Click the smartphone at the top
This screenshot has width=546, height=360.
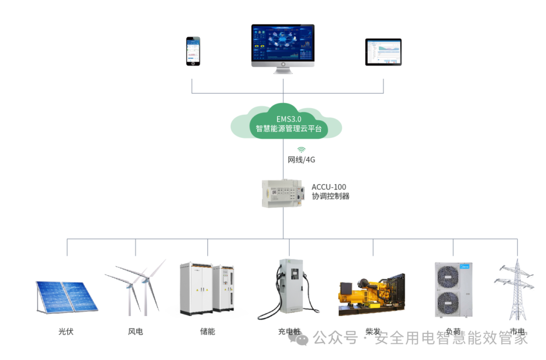(x=193, y=51)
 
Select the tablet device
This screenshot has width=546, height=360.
(x=383, y=52)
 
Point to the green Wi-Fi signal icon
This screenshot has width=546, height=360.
(x=301, y=150)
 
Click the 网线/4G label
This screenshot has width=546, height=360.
(x=301, y=160)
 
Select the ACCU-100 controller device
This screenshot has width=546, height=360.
(x=283, y=193)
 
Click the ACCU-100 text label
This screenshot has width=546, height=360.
(x=329, y=187)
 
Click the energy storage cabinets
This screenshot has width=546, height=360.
(x=207, y=287)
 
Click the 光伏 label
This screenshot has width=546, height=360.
(x=66, y=332)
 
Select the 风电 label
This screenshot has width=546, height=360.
(x=135, y=332)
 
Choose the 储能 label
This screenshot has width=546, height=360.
(x=207, y=332)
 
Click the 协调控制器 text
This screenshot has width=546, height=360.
(x=331, y=196)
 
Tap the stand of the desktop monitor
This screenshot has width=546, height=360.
(x=283, y=70)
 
